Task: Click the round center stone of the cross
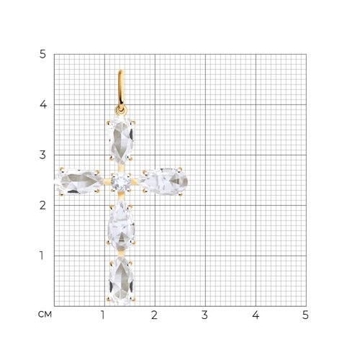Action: click(121, 182)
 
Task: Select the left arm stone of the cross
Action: click(79, 181)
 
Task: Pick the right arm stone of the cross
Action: click(163, 181)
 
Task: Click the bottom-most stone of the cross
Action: click(121, 281)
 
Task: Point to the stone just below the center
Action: click(121, 226)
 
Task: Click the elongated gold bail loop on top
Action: click(121, 89)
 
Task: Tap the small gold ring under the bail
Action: click(121, 110)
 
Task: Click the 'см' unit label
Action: click(45, 315)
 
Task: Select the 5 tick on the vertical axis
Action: click(42, 54)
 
